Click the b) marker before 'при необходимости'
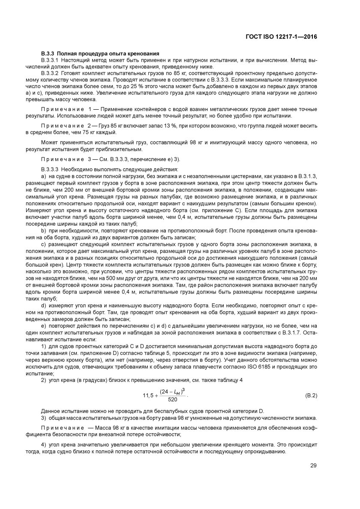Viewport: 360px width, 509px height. point(43,230)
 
